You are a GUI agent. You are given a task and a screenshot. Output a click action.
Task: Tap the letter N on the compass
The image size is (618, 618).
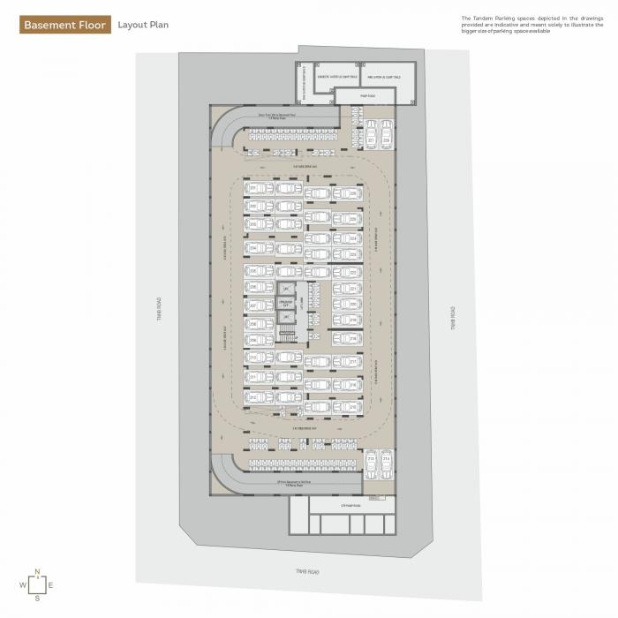(37, 570)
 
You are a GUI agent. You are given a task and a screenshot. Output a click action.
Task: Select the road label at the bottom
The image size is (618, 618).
(306, 572)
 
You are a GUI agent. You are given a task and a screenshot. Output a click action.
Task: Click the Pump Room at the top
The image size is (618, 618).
(369, 94)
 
